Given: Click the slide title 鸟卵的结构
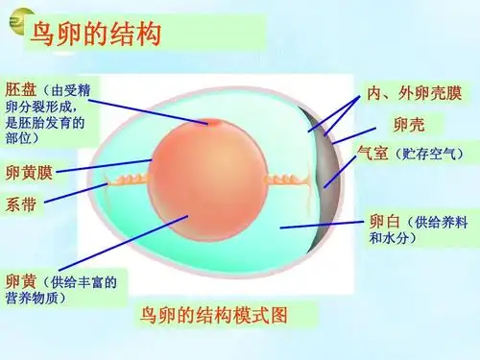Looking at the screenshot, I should (x=94, y=36).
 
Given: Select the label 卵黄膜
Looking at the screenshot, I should (x=30, y=174).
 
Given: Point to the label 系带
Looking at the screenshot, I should (x=21, y=204).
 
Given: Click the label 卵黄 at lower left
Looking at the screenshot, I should (x=22, y=281).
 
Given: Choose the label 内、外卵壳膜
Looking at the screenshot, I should (x=415, y=94).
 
